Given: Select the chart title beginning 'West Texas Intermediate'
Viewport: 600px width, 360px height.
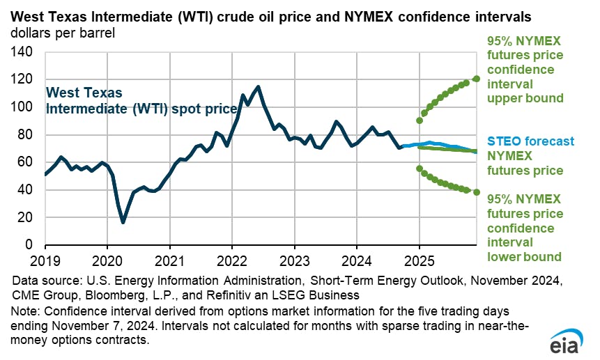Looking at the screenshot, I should pyautogui.click(x=278, y=15).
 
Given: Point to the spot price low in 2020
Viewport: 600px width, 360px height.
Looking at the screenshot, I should pyautogui.click(x=123, y=222).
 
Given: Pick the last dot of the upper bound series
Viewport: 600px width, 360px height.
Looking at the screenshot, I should pyautogui.click(x=477, y=79).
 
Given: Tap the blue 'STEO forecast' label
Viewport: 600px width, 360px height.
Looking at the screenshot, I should pyautogui.click(x=530, y=142).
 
